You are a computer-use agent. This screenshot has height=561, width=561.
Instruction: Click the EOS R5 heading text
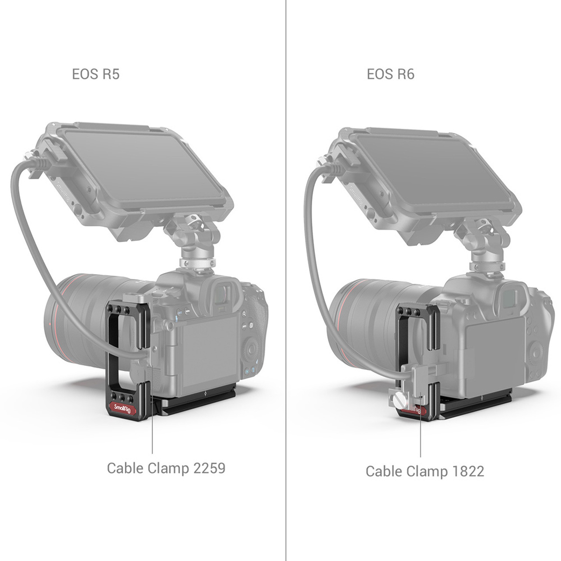[x=95, y=74]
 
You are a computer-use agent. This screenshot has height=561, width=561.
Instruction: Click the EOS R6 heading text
[x=390, y=74]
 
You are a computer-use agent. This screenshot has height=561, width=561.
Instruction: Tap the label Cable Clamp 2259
[x=166, y=467]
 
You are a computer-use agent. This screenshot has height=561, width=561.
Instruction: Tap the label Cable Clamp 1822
[x=424, y=471]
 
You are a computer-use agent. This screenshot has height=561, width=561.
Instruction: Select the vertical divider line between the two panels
[x=286, y=280]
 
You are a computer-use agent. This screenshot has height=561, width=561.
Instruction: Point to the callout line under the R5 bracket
[x=152, y=435]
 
